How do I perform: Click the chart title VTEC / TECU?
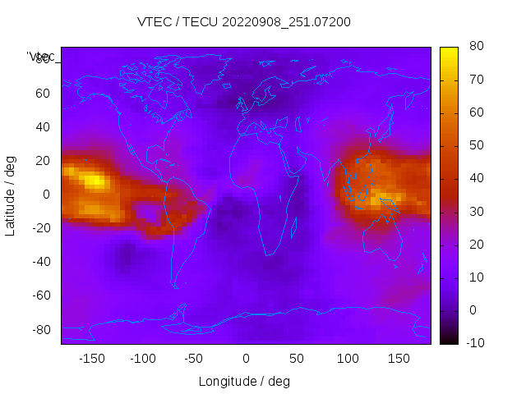tap(243, 22)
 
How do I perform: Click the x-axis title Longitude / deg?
tap(244, 382)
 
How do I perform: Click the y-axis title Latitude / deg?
tap(11, 194)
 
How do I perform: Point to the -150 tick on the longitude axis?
tap(92, 359)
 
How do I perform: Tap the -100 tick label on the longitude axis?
tap(143, 359)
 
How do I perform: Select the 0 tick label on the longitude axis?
tap(246, 359)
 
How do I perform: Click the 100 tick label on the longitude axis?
tap(348, 359)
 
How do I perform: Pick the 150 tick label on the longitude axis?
tap(399, 359)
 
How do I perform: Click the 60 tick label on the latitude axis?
tap(43, 94)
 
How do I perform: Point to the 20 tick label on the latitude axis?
tap(43, 161)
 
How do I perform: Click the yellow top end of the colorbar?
tap(449, 51)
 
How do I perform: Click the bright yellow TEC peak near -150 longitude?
tap(95, 178)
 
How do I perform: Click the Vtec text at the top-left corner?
tap(41, 57)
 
